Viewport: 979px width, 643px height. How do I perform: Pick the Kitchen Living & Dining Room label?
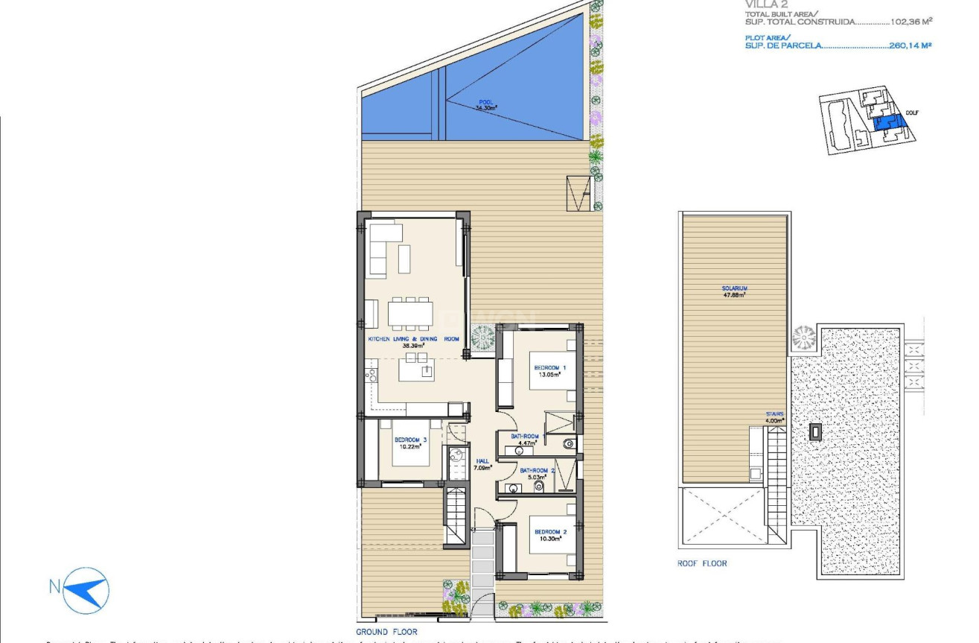click(413, 341)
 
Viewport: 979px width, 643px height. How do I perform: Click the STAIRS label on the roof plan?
click(774, 416)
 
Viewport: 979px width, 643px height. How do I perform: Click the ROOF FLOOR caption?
click(702, 563)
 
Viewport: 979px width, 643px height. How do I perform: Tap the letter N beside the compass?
click(54, 586)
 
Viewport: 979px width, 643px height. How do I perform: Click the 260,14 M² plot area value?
click(911, 45)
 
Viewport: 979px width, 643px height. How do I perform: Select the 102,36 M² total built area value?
click(911, 22)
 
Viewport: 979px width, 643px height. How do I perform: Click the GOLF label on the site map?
click(911, 113)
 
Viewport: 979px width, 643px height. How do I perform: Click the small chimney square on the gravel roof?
click(816, 431)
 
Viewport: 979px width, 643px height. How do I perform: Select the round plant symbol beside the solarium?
click(804, 338)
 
